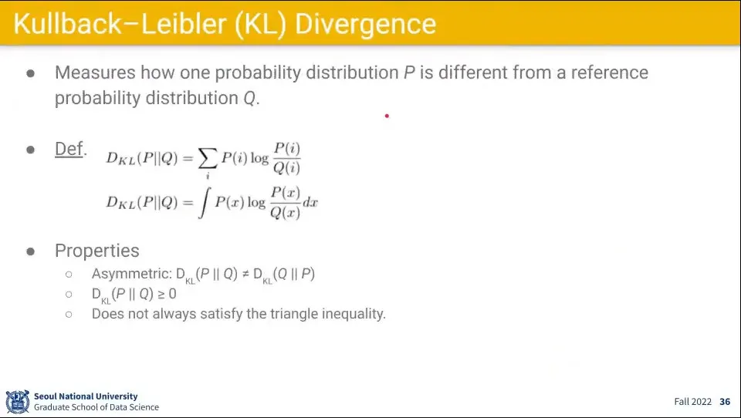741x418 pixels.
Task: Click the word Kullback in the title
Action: pos(68,24)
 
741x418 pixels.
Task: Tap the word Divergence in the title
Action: pos(365,25)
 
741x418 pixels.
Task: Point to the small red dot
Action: pos(387,116)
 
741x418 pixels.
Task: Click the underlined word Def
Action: pos(69,149)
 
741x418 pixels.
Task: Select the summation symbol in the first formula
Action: pos(208,158)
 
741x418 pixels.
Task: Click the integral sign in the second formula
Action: pos(204,203)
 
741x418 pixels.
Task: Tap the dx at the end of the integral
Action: pos(310,203)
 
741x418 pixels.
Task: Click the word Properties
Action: pos(97,251)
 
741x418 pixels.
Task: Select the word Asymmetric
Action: pos(131,274)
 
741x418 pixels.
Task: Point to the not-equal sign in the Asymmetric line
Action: pos(245,274)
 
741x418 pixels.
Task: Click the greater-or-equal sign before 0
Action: pos(161,295)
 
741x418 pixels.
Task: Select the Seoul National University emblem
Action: pos(18,402)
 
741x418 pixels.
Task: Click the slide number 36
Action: pos(725,402)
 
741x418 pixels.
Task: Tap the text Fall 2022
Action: pos(693,402)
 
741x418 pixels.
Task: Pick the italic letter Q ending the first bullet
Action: pos(249,98)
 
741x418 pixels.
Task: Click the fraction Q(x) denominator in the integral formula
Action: pos(285,213)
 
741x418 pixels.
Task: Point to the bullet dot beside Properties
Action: pos(31,251)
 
